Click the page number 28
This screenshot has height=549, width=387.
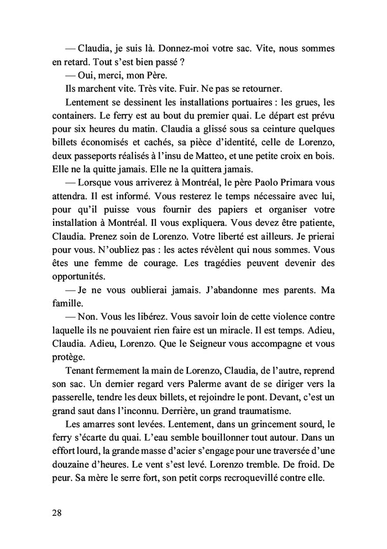(x=56, y=512)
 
